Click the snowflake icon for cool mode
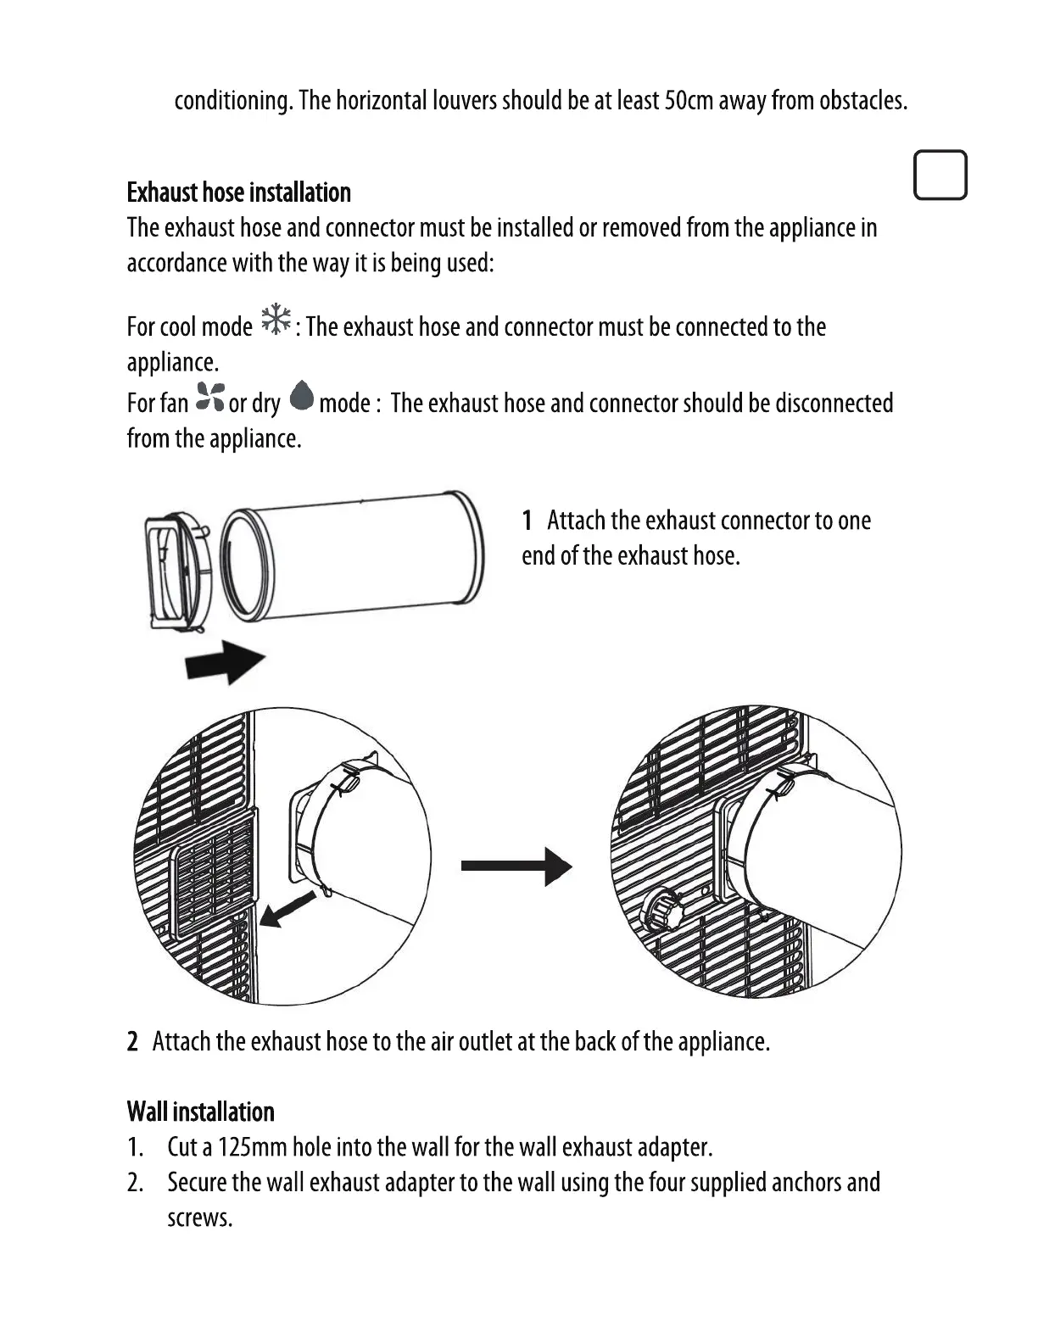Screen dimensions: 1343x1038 (x=276, y=320)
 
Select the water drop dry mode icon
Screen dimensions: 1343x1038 (x=301, y=396)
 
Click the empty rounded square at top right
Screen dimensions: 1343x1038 (x=940, y=176)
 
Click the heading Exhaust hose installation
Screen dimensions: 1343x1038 (x=238, y=192)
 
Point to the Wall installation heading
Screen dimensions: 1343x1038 (x=200, y=1112)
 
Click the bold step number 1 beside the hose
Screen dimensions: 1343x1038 (x=527, y=520)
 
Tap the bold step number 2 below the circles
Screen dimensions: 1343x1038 (x=132, y=1041)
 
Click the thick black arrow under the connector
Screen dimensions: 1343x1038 (x=225, y=660)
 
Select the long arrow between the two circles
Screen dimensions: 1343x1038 (x=516, y=866)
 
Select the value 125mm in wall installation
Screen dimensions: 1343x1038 (x=253, y=1147)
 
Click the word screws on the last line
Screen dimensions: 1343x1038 (x=199, y=1218)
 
